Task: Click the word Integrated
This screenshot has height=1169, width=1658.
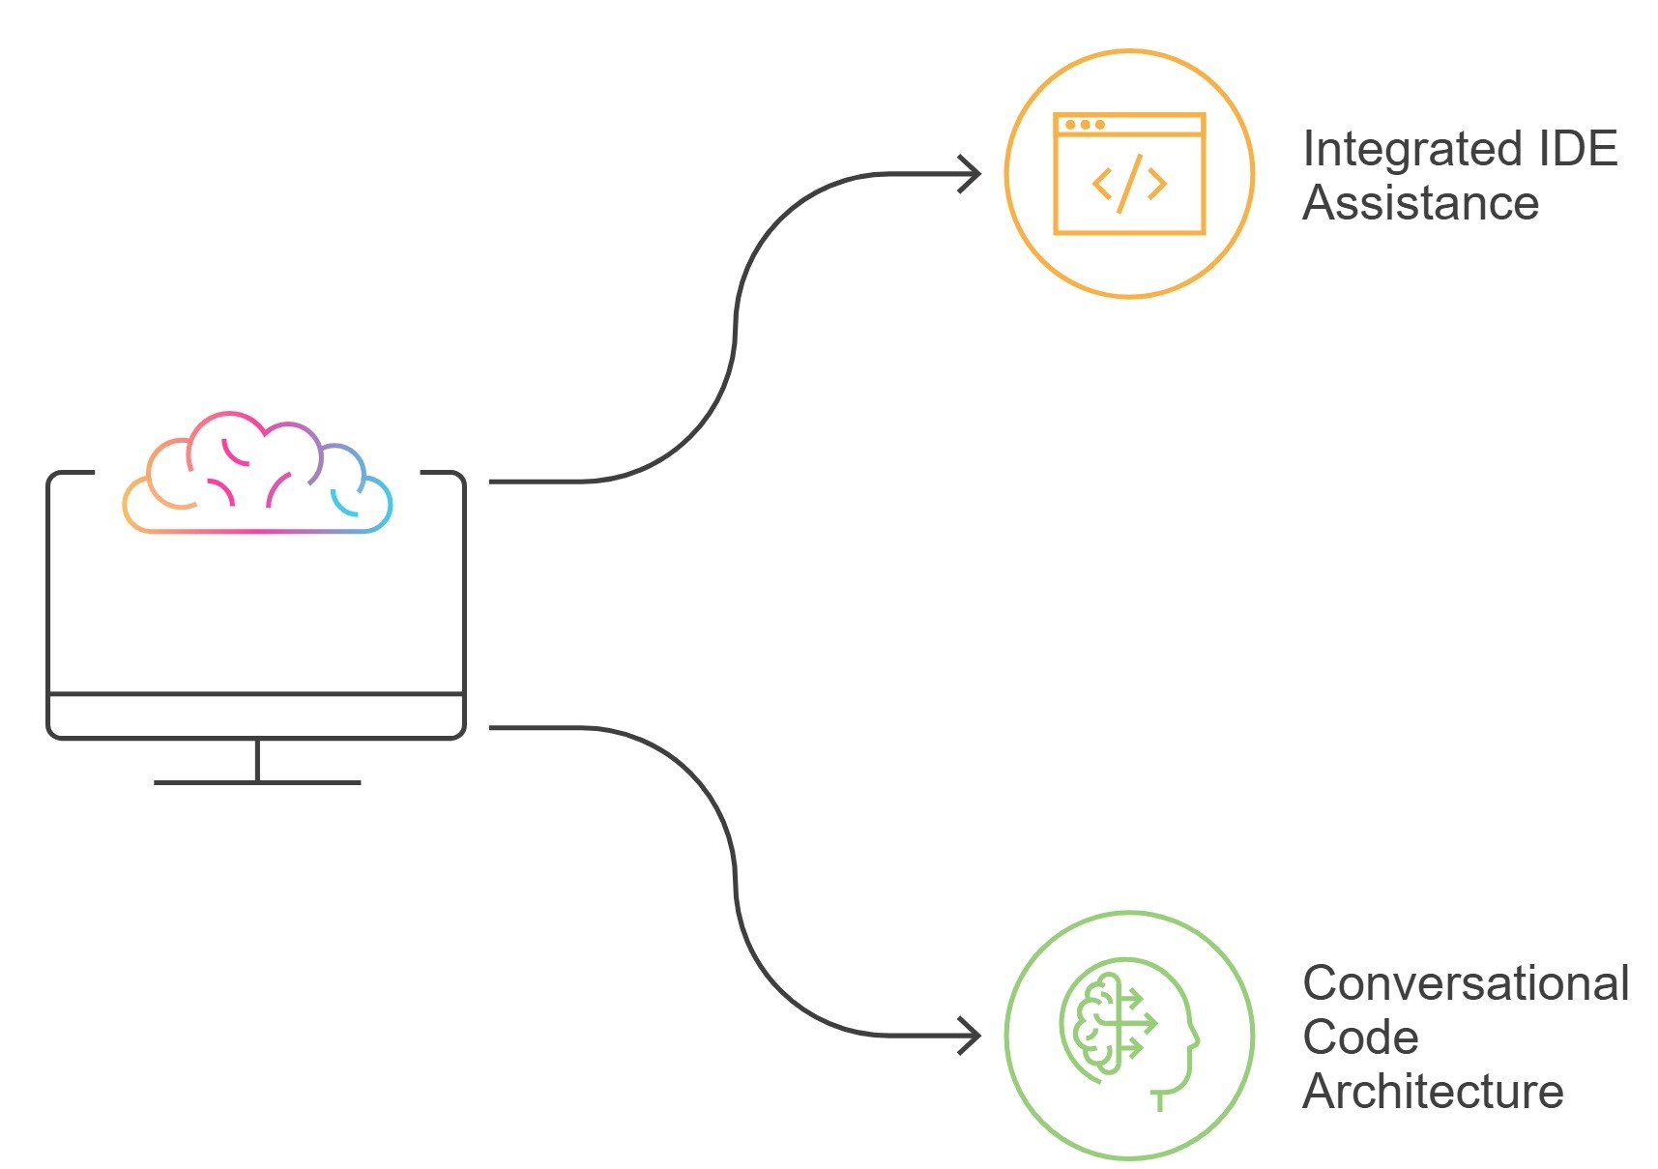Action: (x=1402, y=150)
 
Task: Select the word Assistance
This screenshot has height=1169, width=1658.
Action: (x=1420, y=203)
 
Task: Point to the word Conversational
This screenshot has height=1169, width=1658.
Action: (x=1466, y=983)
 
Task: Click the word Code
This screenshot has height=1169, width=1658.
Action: (x=1360, y=1037)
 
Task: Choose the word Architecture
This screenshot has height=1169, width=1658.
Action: (x=1433, y=1092)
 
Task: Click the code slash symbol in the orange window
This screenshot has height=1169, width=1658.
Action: (x=1129, y=184)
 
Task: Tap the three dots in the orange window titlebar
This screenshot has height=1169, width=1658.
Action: (x=1085, y=125)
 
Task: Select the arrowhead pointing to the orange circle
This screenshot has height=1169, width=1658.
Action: (x=971, y=174)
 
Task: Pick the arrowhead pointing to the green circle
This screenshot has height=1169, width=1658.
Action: (x=971, y=1036)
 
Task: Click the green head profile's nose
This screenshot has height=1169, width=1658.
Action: (x=1196, y=1040)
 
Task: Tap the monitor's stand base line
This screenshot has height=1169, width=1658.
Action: (x=257, y=782)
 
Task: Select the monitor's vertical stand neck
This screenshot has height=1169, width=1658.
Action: (x=257, y=760)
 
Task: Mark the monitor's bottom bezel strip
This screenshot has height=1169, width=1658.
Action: (x=256, y=716)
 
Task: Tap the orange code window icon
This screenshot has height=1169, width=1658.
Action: (x=1129, y=174)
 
